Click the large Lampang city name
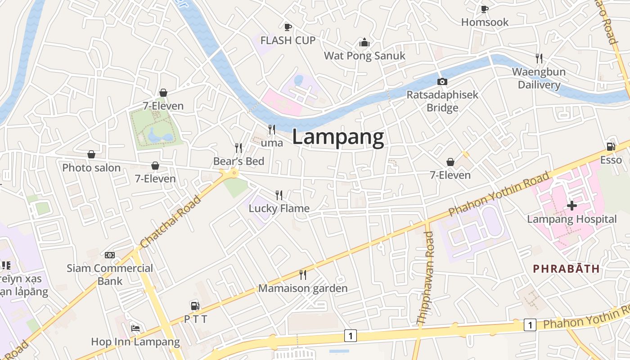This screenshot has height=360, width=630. (338, 137)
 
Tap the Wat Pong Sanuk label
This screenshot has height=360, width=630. (364, 56)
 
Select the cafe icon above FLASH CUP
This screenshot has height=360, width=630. (288, 27)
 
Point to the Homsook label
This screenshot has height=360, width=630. (485, 22)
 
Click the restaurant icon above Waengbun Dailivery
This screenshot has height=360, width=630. (539, 58)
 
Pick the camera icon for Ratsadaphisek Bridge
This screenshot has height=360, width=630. (442, 81)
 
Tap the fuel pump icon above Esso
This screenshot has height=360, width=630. (611, 146)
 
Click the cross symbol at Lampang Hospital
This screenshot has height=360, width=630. (572, 206)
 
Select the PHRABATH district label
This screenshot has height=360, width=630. (566, 269)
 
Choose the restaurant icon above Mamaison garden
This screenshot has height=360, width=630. (303, 274)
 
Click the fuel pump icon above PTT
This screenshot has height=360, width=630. (195, 306)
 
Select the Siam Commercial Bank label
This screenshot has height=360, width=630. (110, 274)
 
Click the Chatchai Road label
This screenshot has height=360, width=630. (171, 222)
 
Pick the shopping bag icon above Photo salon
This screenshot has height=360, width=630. (91, 154)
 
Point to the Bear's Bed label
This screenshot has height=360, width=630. (238, 161)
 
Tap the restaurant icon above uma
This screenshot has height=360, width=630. (272, 130)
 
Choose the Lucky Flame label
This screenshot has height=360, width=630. (279, 208)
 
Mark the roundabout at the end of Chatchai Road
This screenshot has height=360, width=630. (234, 172)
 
